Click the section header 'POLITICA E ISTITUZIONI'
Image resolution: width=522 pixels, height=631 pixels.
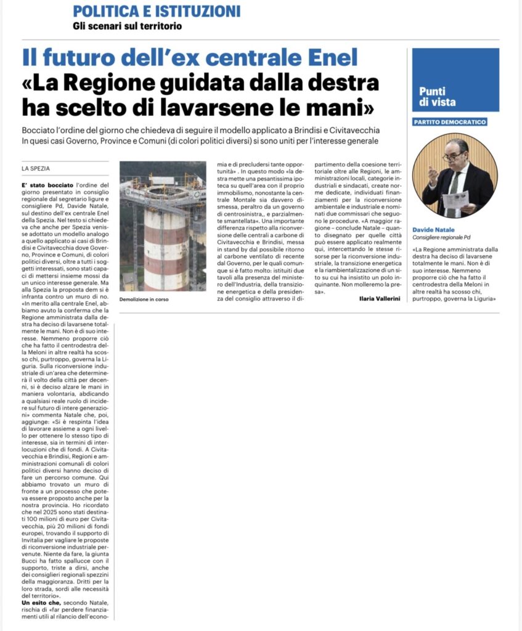[x=157, y=11]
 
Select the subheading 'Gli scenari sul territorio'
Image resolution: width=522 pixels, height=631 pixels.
[x=127, y=26]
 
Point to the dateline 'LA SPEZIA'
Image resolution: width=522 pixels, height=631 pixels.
[x=36, y=168]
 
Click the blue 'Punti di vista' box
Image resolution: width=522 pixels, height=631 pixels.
[x=447, y=80]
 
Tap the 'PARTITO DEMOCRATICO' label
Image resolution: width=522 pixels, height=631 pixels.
[x=450, y=122]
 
